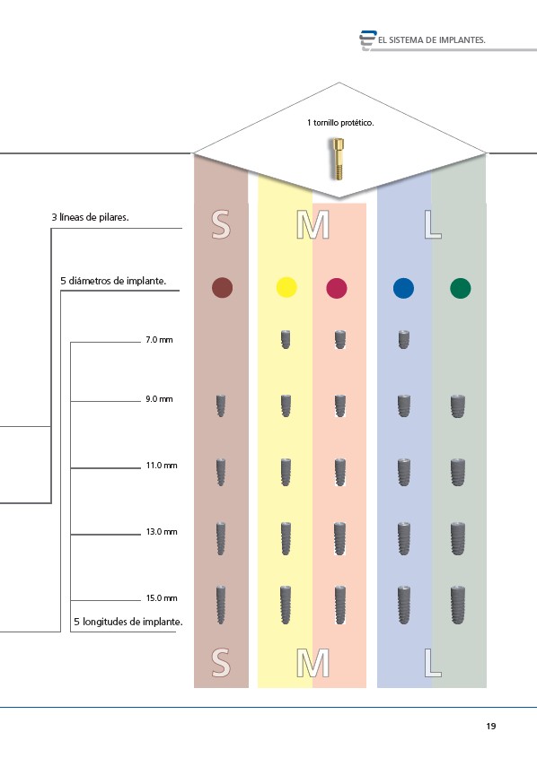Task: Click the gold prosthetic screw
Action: click(339, 159)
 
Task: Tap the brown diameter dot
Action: click(222, 287)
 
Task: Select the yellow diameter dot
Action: click(286, 287)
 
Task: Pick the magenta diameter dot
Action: click(337, 288)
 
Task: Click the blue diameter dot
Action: click(403, 288)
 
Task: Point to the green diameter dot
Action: click(460, 288)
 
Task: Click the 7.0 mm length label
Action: click(159, 340)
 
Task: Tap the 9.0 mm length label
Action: click(159, 399)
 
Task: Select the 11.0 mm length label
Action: click(162, 466)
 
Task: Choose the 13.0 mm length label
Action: click(162, 532)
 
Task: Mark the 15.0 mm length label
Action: click(162, 598)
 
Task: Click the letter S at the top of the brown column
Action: click(221, 225)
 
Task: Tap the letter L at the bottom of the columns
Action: click(433, 663)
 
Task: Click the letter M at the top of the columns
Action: click(313, 225)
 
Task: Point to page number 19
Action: click(491, 726)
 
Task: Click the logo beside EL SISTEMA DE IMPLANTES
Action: click(367, 39)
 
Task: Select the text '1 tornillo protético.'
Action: click(340, 123)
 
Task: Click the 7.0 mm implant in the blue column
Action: click(403, 339)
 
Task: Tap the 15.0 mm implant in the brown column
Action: click(221, 605)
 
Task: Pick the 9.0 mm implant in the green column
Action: click(458, 406)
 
